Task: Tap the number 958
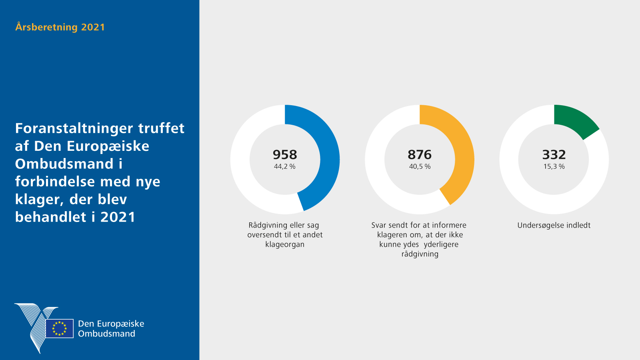285,154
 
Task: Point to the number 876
420,154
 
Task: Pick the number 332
554,154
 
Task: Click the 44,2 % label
285,166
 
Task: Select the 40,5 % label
420,166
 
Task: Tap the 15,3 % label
554,166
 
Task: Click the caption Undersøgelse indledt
554,225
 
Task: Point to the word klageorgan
285,244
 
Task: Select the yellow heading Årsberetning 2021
60,27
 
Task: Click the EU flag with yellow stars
60,328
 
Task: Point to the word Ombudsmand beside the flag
106,334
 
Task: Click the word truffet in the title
161,128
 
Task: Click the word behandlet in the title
51,217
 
